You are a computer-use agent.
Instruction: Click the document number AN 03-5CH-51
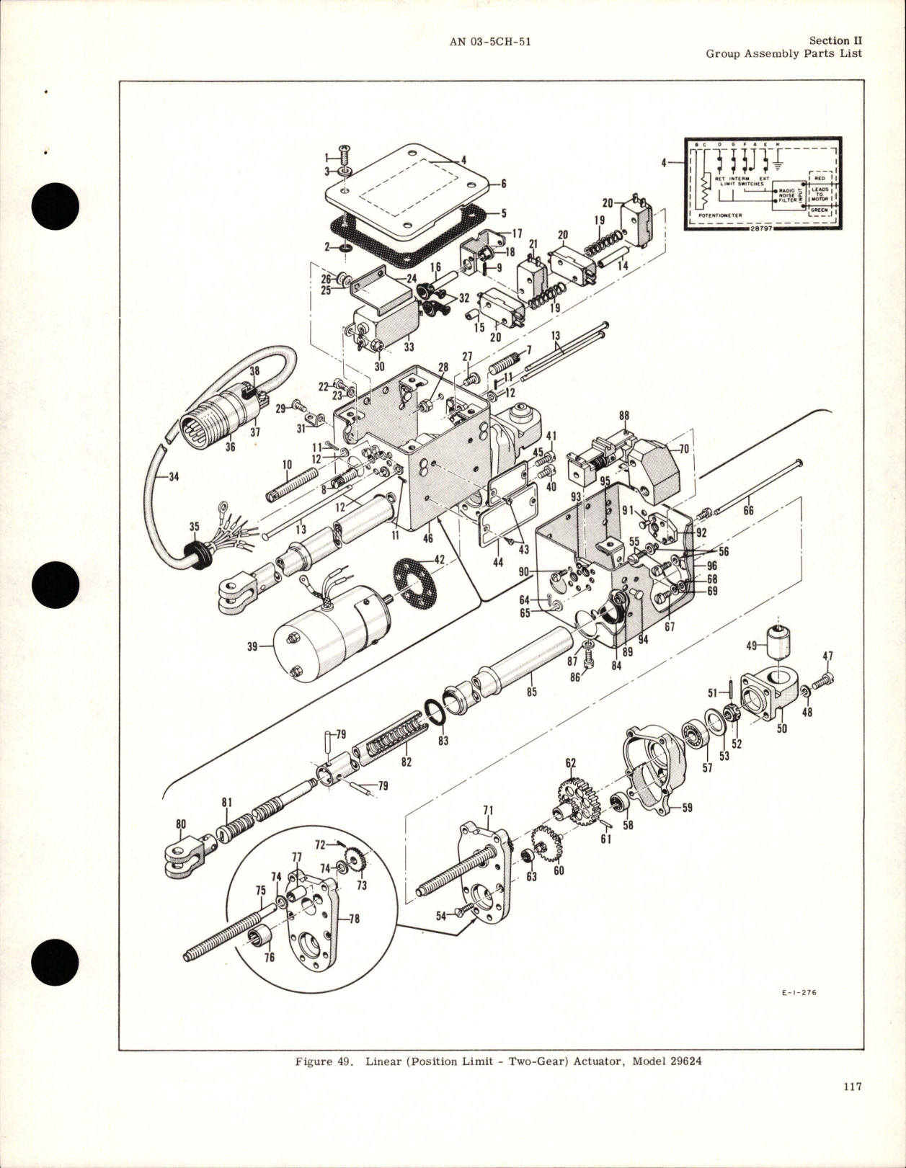[x=490, y=42]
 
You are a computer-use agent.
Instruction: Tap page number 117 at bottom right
[x=852, y=1106]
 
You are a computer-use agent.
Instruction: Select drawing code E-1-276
[x=799, y=992]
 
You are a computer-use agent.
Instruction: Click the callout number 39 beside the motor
[x=252, y=646]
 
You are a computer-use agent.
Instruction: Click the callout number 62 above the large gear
[x=571, y=762]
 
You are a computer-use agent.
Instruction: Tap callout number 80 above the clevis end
[x=181, y=824]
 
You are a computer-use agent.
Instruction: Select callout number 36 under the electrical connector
[x=231, y=447]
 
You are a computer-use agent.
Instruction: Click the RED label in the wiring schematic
[x=820, y=178]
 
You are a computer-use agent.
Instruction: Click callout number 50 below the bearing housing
[x=781, y=728]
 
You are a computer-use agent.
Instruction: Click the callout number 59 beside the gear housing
[x=687, y=808]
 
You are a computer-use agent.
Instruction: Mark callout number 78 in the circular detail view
[x=354, y=919]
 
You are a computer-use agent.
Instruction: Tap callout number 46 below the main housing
[x=427, y=538]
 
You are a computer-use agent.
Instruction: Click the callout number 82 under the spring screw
[x=407, y=762]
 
